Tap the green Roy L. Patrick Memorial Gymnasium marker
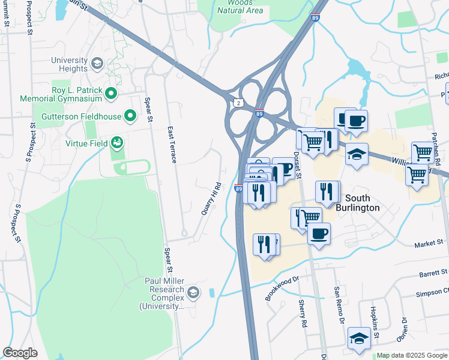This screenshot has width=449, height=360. [x=110, y=93]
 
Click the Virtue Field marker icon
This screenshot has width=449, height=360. [x=116, y=143]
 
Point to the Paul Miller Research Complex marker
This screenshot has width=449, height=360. [x=193, y=293]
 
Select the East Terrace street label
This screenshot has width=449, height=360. [x=172, y=145]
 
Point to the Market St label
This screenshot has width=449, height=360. [x=430, y=244]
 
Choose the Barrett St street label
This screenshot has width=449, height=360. [x=434, y=273]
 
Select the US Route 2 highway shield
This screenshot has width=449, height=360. [x=240, y=103]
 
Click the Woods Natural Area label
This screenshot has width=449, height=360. [x=240, y=7]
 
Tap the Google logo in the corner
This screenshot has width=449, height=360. [x=20, y=353]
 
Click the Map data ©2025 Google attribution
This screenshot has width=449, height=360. [x=412, y=356]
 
